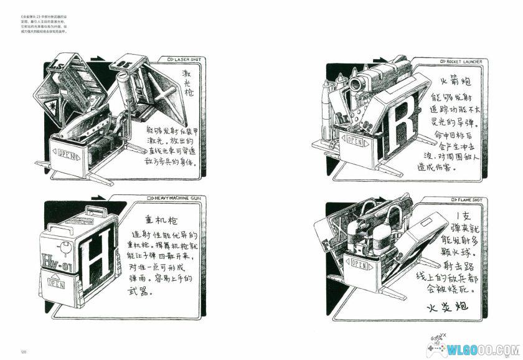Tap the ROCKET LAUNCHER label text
(463, 62)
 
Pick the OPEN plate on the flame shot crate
(358, 264)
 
